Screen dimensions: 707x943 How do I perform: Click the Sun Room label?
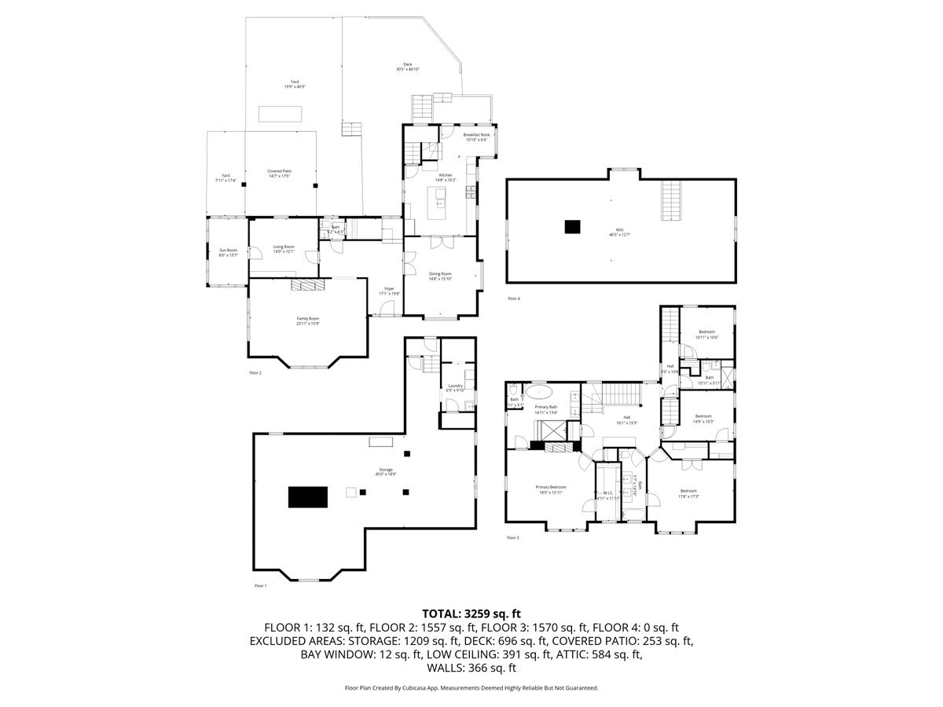[228, 252]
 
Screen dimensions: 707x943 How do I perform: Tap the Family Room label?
[307, 321]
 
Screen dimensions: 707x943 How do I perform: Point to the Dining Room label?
[440, 276]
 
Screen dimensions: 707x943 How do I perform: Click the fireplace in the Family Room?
[307, 285]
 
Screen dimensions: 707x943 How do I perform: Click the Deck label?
[408, 67]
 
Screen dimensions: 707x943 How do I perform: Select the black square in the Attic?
[573, 227]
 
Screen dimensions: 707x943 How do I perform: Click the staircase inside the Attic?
[670, 200]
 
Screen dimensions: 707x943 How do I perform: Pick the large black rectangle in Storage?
[307, 497]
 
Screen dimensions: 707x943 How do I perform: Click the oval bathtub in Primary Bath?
[538, 390]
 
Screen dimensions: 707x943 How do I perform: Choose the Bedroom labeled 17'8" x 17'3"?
[689, 493]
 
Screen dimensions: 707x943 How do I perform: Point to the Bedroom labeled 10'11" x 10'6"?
[707, 335]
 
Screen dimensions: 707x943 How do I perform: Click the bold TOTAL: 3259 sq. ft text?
[472, 614]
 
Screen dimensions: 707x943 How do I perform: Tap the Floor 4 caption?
[514, 299]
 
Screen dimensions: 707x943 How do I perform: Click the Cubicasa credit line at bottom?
[472, 687]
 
